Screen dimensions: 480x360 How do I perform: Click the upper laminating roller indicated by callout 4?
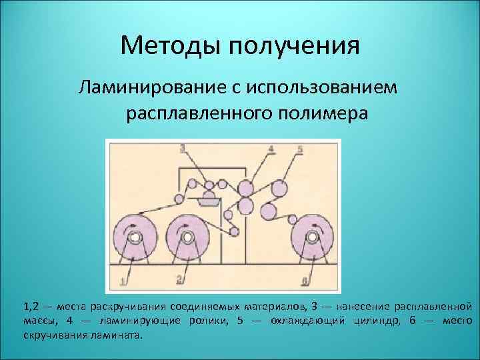coord(245,187)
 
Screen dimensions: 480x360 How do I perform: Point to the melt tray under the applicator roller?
coord(209,199)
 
